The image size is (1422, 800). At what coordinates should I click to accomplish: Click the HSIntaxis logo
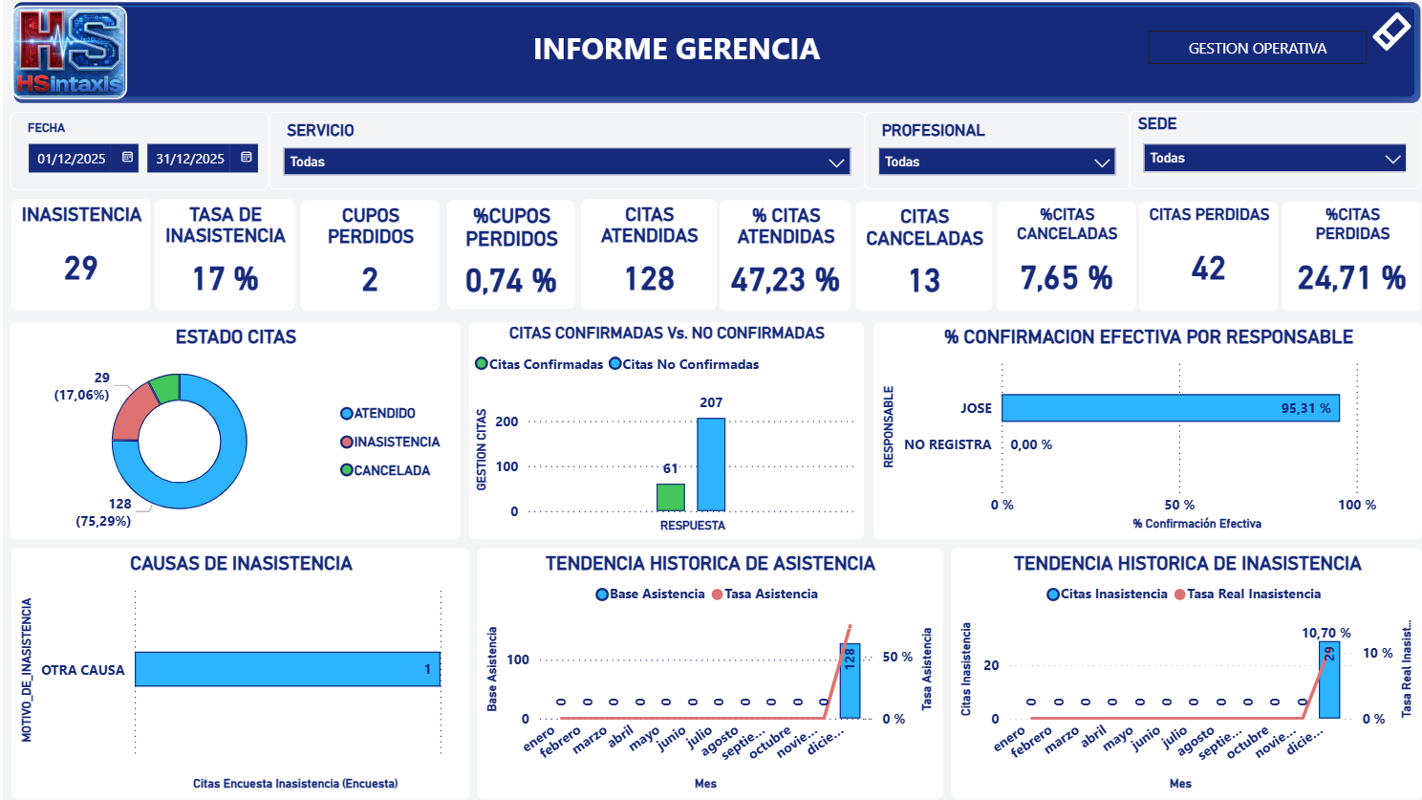click(70, 53)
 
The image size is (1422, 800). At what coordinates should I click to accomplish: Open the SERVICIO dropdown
click(567, 162)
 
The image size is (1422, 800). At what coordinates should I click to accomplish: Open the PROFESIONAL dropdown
click(997, 162)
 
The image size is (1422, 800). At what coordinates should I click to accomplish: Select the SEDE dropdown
click(1274, 159)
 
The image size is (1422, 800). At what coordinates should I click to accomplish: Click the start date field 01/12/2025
click(73, 159)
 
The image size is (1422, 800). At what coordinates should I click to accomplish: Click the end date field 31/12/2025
click(191, 159)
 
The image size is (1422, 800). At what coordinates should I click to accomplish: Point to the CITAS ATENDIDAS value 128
click(649, 279)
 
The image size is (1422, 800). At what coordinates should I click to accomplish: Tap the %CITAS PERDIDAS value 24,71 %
click(1350, 278)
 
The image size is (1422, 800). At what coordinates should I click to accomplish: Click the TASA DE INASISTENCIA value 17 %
click(225, 279)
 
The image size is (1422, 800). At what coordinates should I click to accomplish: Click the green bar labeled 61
click(670, 497)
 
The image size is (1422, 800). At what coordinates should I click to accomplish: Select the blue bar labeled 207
click(710, 465)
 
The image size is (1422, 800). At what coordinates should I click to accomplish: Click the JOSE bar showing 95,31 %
click(1170, 408)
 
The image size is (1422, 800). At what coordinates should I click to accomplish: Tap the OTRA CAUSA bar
click(287, 669)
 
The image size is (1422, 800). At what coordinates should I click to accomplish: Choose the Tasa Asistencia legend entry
click(765, 594)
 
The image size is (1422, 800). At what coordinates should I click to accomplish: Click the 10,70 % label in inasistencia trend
click(1325, 633)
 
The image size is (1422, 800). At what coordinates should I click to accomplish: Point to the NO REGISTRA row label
click(947, 444)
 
